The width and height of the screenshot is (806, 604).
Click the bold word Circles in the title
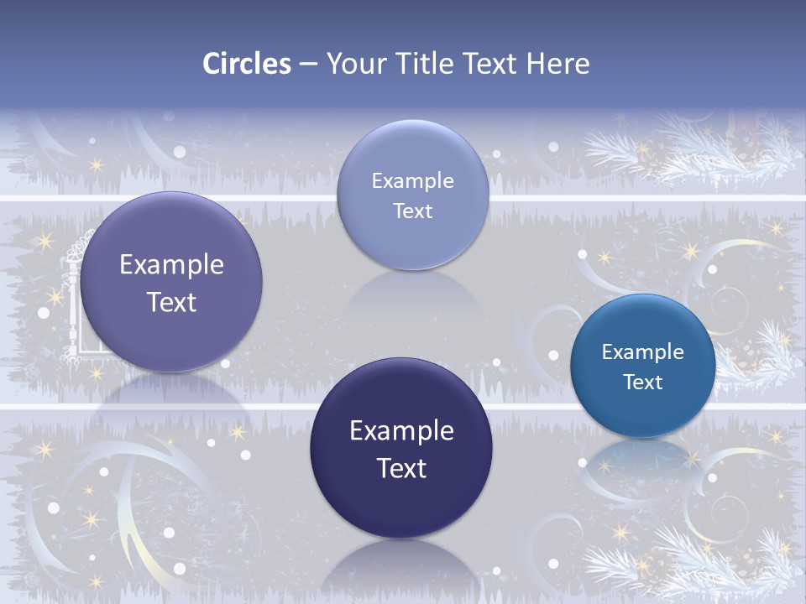(247, 64)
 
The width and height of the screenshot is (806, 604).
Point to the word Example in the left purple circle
(172, 265)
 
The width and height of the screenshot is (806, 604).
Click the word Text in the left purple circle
(172, 302)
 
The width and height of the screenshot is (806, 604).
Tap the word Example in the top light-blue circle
(412, 180)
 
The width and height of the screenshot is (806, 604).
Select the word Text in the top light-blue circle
(412, 211)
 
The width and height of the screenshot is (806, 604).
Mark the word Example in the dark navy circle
(401, 431)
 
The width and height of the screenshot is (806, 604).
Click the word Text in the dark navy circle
(401, 468)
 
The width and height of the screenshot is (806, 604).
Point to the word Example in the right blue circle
(643, 352)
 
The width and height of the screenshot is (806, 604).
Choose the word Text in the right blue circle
(643, 383)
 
